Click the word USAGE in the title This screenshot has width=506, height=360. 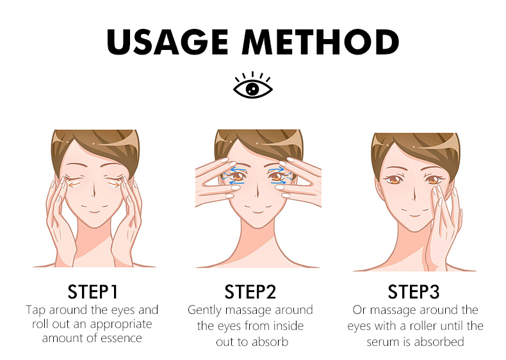(x=167, y=42)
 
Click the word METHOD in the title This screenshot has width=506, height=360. (x=321, y=42)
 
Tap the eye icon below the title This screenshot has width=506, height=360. (x=253, y=85)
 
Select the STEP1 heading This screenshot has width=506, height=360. (x=93, y=291)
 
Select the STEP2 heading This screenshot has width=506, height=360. (x=250, y=291)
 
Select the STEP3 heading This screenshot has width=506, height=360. (x=413, y=291)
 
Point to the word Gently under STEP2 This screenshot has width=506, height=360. (x=204, y=310)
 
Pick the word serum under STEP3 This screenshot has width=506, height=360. (x=383, y=342)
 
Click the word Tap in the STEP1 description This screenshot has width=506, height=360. (x=35, y=310)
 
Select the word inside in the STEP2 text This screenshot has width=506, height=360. (x=288, y=325)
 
